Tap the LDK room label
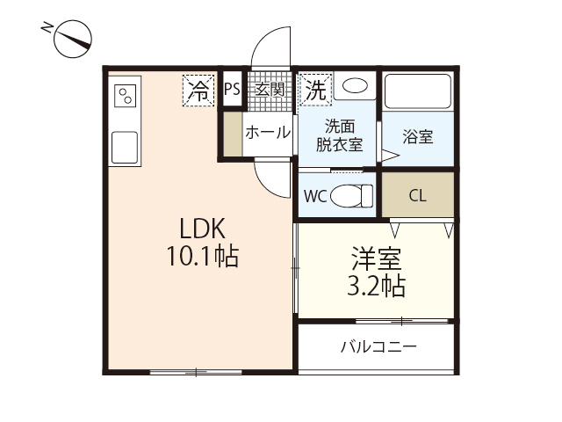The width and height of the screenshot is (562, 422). pos(203,229)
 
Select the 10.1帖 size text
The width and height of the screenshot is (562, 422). pos(203,256)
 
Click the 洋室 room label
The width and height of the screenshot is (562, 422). pos(377,258)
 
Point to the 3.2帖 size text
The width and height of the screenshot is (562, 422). pos(377,285)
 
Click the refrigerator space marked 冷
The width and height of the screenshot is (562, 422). pos(198,91)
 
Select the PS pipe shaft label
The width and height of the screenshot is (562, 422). pos(232,89)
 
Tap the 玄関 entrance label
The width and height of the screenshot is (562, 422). pos(270,90)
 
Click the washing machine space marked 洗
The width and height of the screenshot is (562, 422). pos(316,90)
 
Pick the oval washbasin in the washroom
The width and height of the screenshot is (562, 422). pos(355,86)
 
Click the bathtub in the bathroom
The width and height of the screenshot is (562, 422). pos(418,91)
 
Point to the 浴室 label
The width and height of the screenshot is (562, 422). pos(418,137)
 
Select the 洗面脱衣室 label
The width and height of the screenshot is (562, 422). pos(339,135)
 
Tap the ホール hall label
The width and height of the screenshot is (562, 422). pos(268,133)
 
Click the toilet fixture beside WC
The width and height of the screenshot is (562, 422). pos(351,196)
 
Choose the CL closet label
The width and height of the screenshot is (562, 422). pos(418,196)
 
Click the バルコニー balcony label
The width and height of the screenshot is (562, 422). pos(378,347)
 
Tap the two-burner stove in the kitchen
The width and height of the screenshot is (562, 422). pos(126,96)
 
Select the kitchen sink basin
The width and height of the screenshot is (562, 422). pos(125,148)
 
